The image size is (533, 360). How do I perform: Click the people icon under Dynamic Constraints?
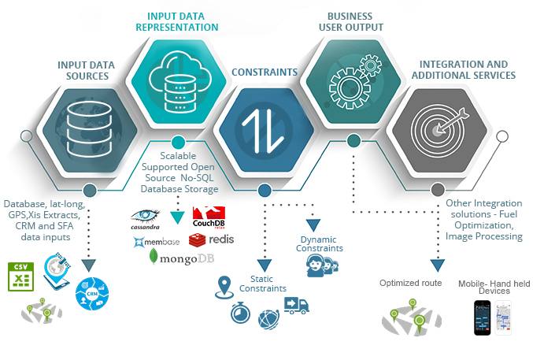pos(319,266)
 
